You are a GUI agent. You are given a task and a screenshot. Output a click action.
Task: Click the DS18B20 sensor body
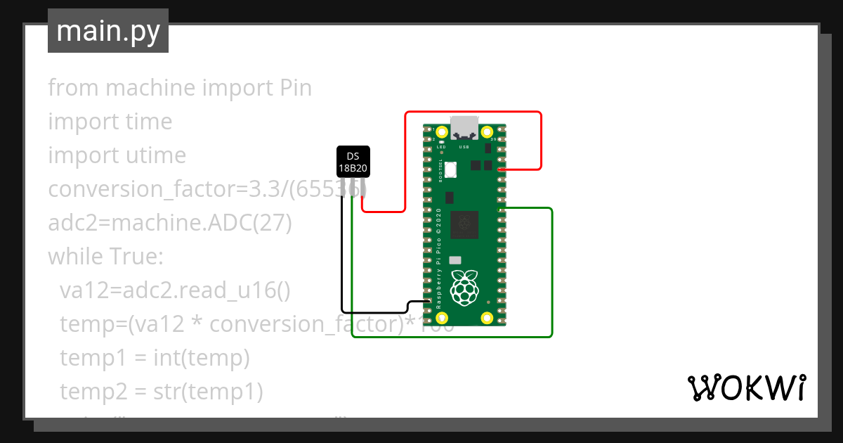coord(353,162)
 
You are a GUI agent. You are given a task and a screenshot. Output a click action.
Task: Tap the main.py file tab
coord(107,31)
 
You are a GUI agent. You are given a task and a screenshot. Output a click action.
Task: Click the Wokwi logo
coord(745,387)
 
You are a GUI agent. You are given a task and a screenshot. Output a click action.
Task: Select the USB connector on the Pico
coord(464,127)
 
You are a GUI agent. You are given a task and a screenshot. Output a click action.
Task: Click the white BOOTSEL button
coord(450,169)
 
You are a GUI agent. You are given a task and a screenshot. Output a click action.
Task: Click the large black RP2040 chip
coord(464,224)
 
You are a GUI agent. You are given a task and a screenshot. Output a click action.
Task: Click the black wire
coord(342,260)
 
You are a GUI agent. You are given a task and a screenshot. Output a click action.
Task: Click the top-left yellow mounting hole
coord(442,132)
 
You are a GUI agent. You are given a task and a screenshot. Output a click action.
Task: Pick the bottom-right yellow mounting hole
coord(486,318)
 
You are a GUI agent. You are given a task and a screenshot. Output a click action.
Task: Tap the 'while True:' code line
coord(105,257)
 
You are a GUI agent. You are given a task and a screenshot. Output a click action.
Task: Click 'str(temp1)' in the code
coord(208,392)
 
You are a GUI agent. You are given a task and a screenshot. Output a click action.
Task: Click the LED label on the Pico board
coord(441,146)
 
